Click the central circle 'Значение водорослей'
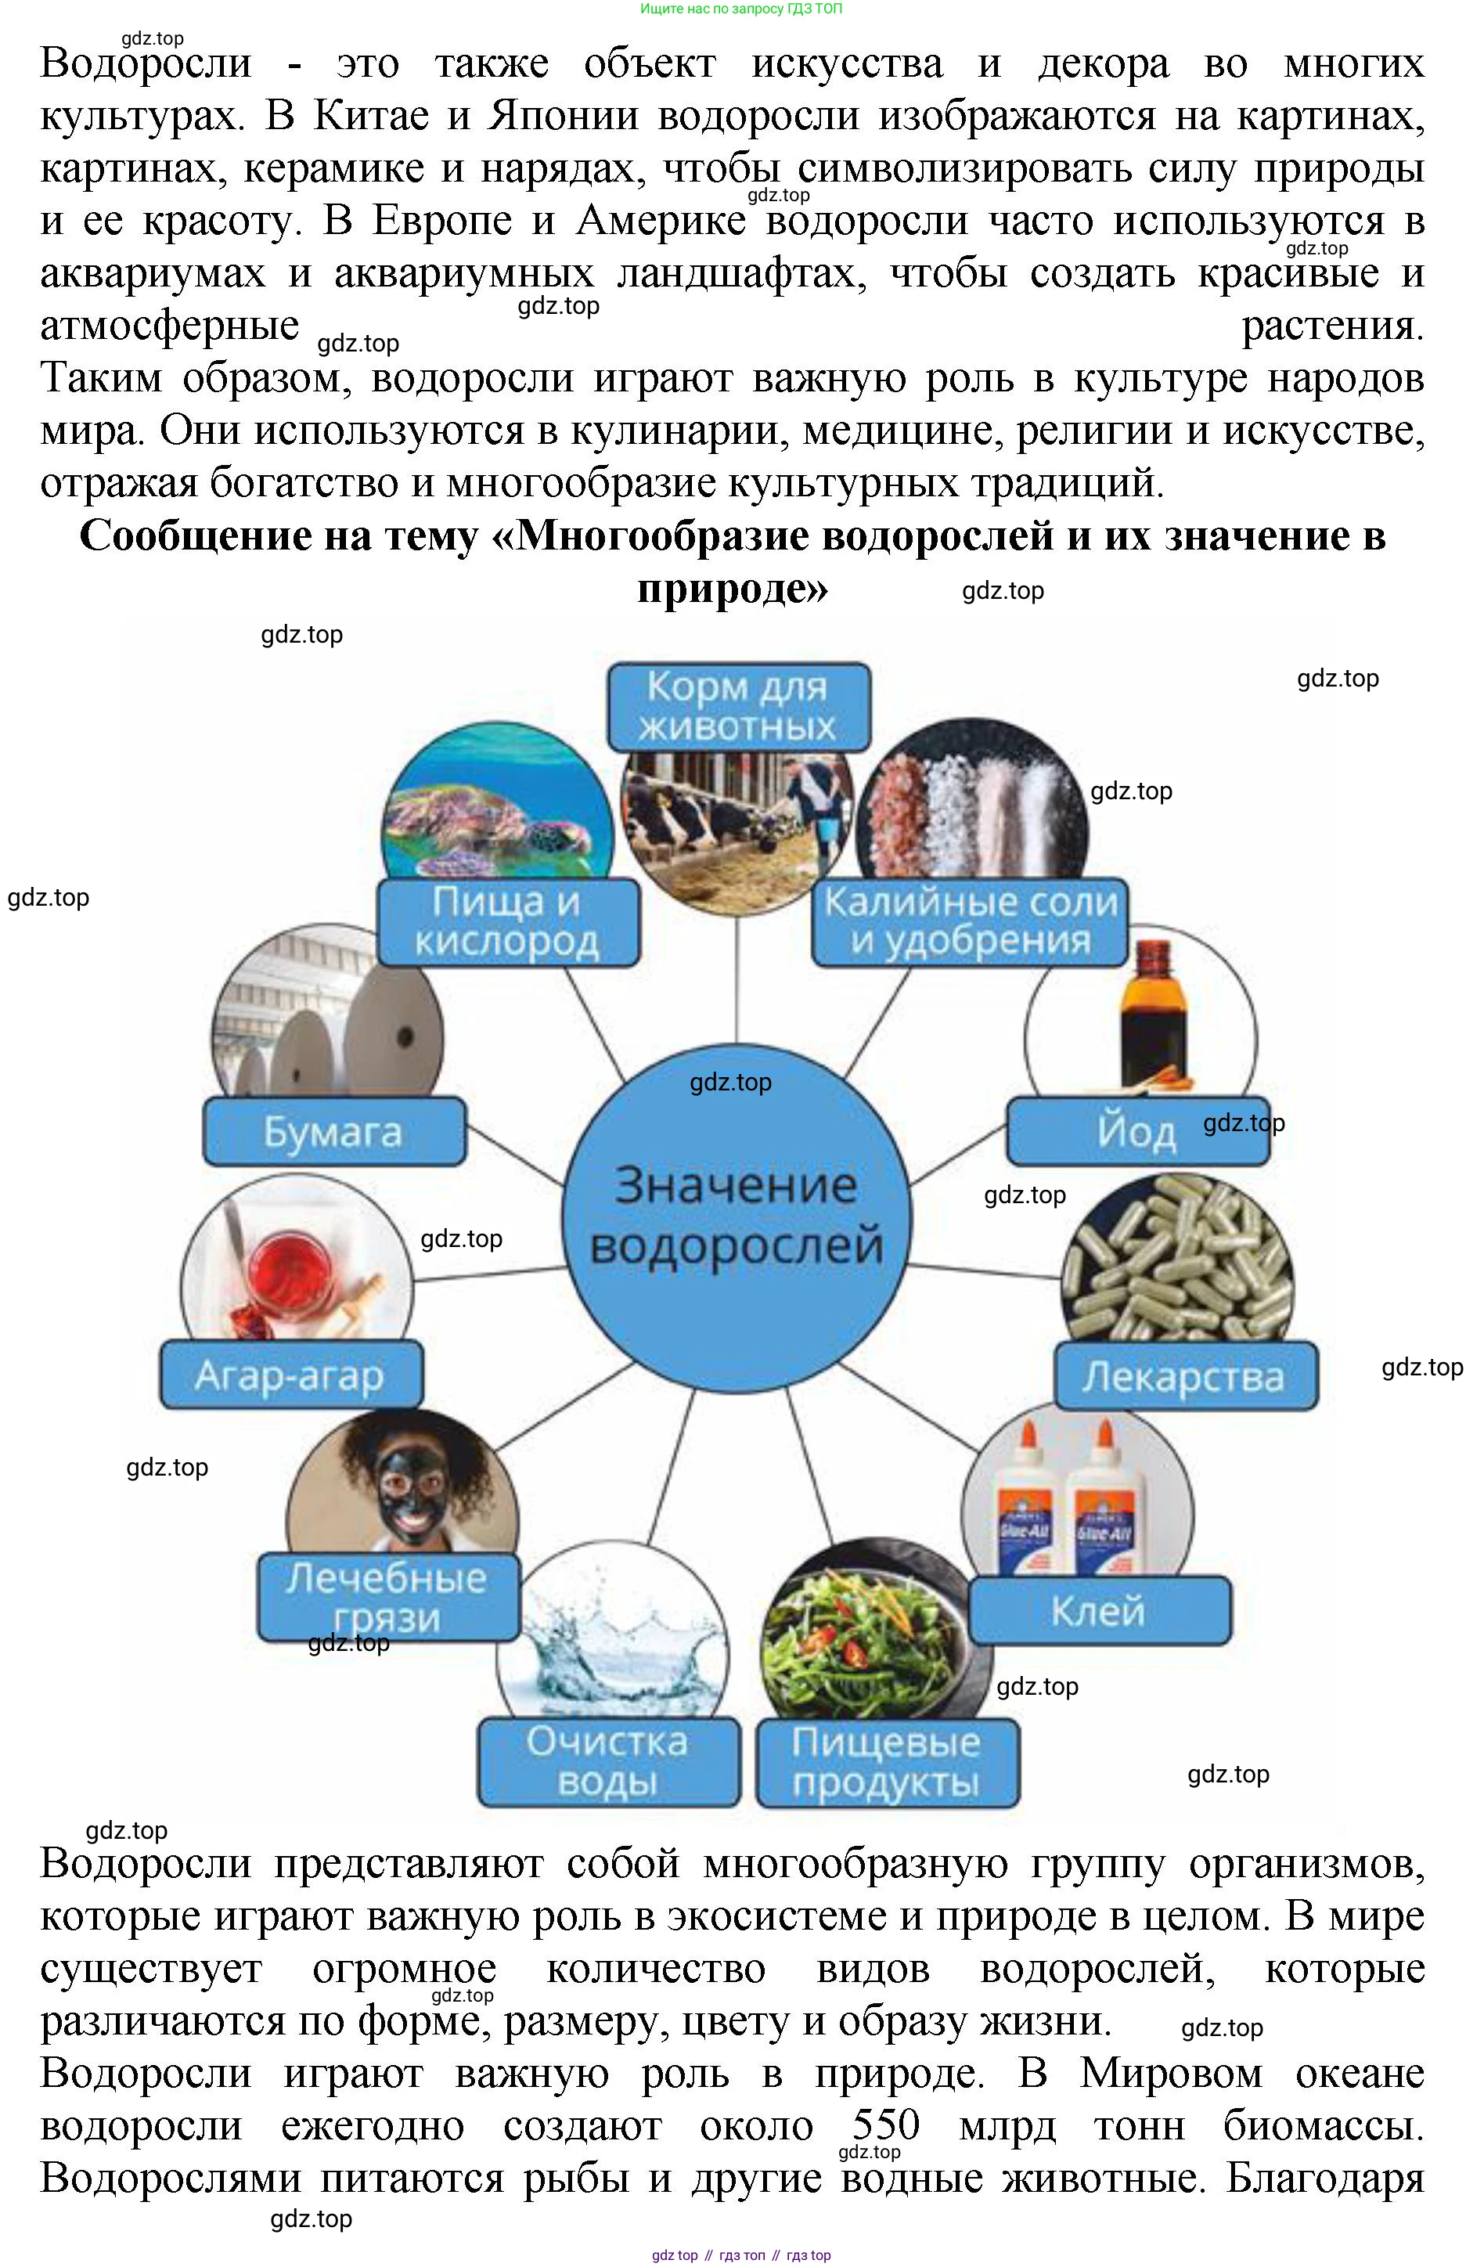click(737, 1217)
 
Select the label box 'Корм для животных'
click(738, 707)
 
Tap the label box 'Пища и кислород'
click(508, 921)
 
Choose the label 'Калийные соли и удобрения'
click(970, 921)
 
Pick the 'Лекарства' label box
click(1184, 1375)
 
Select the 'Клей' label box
click(1098, 1609)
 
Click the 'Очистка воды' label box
click(607, 1761)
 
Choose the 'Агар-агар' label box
click(290, 1375)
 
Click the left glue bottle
click(1025, 1505)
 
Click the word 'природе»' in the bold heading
click(733, 588)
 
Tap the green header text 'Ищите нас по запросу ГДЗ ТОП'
click(741, 9)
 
